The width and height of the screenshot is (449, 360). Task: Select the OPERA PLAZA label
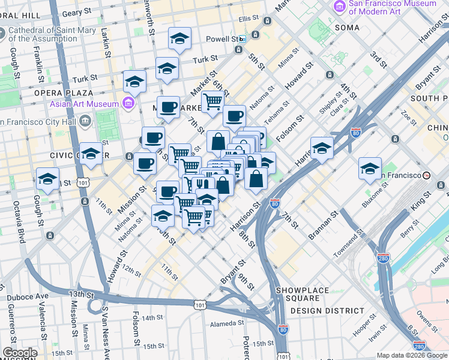pos(64,93)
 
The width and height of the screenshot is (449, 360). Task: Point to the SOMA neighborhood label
pos(348,28)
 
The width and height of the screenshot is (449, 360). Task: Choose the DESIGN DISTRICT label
pos(327,311)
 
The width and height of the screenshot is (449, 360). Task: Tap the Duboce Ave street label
pos(28,296)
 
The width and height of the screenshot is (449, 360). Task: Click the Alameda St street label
pos(223,323)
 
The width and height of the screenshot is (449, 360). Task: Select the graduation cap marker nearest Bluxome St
pos(370,168)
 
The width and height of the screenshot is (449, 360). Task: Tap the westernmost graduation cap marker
pos(47,178)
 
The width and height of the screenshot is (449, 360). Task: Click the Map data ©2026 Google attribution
pos(412,355)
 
